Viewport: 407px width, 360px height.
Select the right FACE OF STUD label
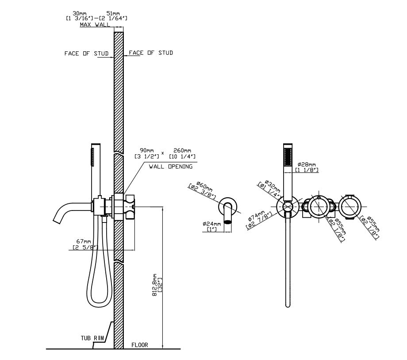tap(151, 53)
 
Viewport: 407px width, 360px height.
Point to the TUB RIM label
tap(92, 338)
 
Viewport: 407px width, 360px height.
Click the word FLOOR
tap(139, 345)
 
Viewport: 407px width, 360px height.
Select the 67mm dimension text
tap(84, 241)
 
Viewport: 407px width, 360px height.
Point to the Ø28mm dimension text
tap(307, 164)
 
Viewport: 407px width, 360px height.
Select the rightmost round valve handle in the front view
tap(350, 206)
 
